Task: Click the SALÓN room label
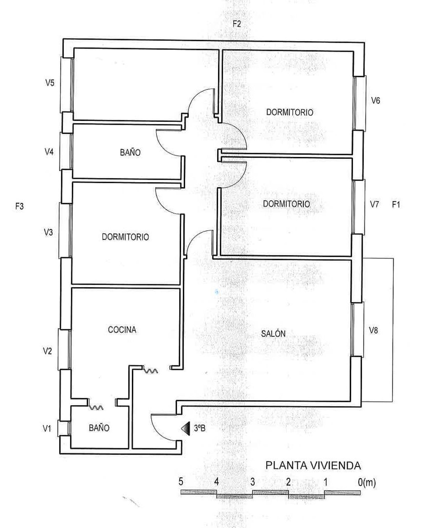(x=273, y=334)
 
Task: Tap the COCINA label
(x=122, y=330)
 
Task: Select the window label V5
(x=50, y=83)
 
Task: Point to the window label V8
(x=374, y=330)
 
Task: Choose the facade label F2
(x=237, y=24)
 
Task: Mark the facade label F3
(x=19, y=206)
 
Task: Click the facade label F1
(x=396, y=205)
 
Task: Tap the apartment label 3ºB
(x=200, y=428)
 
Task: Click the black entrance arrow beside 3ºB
(x=185, y=428)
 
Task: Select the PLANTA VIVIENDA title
(x=313, y=466)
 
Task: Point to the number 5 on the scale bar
(x=181, y=482)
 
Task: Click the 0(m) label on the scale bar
(x=367, y=482)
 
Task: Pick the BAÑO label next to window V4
(x=130, y=152)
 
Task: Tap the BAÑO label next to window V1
(x=99, y=428)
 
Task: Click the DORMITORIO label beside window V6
(x=290, y=112)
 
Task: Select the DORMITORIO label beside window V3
(x=125, y=237)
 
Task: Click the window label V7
(x=374, y=205)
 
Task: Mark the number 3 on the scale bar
(x=253, y=482)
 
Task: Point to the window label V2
(x=47, y=351)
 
